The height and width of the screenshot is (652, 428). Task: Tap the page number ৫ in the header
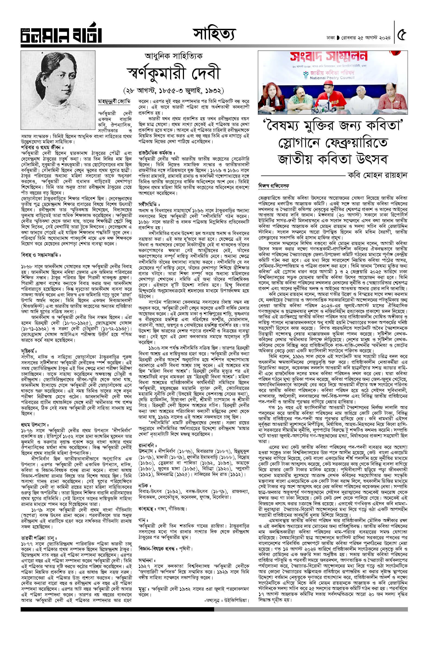point(402,35)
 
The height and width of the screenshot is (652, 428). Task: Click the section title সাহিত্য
point(214,34)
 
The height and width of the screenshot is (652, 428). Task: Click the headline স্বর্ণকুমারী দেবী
point(173,73)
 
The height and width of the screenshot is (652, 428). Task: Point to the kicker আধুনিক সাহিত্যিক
point(173,56)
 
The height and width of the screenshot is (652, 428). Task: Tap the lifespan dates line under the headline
point(173,90)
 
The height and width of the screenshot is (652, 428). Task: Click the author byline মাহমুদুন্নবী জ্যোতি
point(114,102)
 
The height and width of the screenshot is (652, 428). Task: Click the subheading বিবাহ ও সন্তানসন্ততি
point(41,255)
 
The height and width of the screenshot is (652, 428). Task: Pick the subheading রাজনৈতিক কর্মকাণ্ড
point(157,153)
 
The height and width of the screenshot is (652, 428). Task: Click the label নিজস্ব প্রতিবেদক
point(273,186)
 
